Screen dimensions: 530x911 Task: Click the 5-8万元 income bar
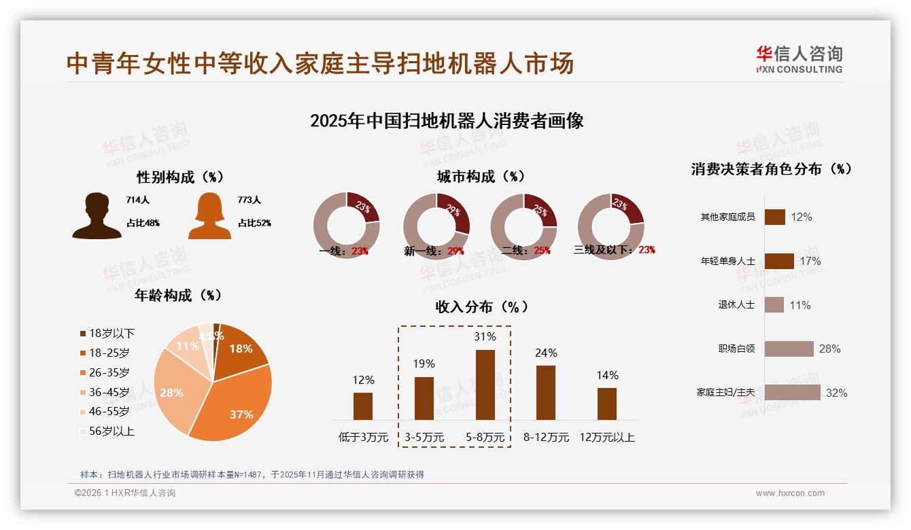pyautogui.click(x=485, y=385)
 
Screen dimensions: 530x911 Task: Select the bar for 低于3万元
pyautogui.click(x=363, y=406)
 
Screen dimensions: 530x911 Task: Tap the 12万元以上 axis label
pyautogui.click(x=606, y=438)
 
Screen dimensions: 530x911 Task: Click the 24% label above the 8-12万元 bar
pyautogui.click(x=546, y=353)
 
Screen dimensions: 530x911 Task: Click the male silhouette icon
pyautogui.click(x=97, y=216)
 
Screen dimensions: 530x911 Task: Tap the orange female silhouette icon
pyautogui.click(x=209, y=216)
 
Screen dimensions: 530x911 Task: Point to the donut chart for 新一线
pyautogui.click(x=436, y=226)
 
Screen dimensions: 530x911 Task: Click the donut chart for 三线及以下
pyautogui.click(x=610, y=226)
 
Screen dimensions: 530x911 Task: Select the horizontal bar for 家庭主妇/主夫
pyautogui.click(x=792, y=393)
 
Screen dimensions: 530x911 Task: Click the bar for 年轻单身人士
pyautogui.click(x=779, y=261)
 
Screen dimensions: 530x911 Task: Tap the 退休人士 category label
pyautogui.click(x=736, y=305)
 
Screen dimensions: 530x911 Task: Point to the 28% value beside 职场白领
pyautogui.click(x=829, y=349)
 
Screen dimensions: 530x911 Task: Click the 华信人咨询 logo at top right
pyautogui.click(x=799, y=60)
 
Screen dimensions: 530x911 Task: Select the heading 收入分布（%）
pyautogui.click(x=481, y=306)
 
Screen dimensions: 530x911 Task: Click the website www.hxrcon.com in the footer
pyautogui.click(x=789, y=493)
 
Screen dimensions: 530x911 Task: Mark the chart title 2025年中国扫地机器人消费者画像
pyautogui.click(x=447, y=121)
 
